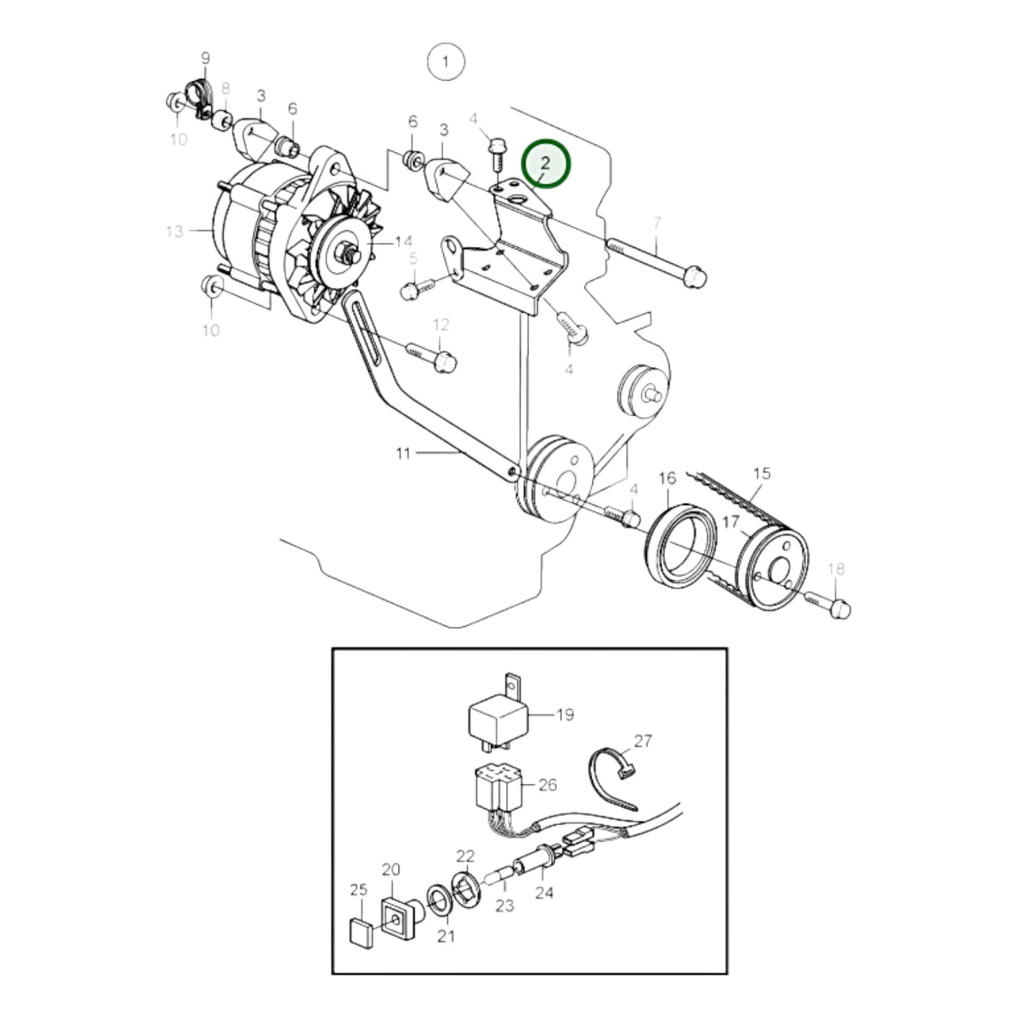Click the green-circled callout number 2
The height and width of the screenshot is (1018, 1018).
tap(545, 163)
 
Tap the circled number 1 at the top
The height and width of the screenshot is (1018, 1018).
tap(445, 62)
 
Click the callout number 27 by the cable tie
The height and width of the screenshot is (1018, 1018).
tap(643, 740)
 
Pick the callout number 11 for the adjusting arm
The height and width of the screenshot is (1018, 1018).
tap(402, 453)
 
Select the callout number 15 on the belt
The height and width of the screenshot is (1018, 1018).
tap(762, 473)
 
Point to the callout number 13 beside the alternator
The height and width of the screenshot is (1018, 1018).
tap(174, 231)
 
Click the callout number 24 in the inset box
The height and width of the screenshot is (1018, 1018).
tap(544, 893)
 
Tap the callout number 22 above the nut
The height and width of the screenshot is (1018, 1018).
tap(466, 856)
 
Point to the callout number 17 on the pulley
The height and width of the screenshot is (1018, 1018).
tap(730, 523)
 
